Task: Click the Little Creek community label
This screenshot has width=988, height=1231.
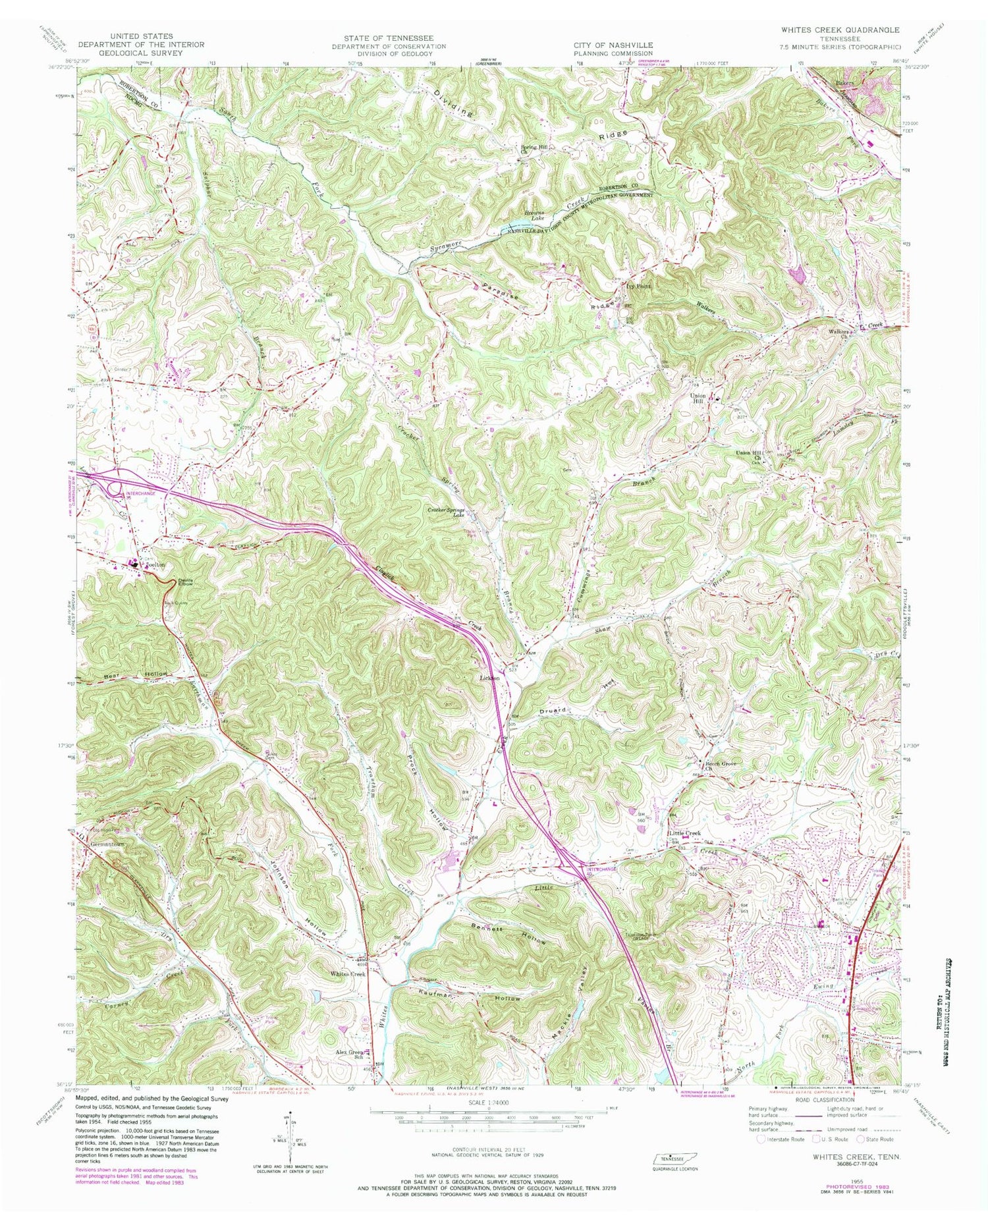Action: [x=685, y=833]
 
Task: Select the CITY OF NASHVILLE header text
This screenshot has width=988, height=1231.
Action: [x=613, y=45]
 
